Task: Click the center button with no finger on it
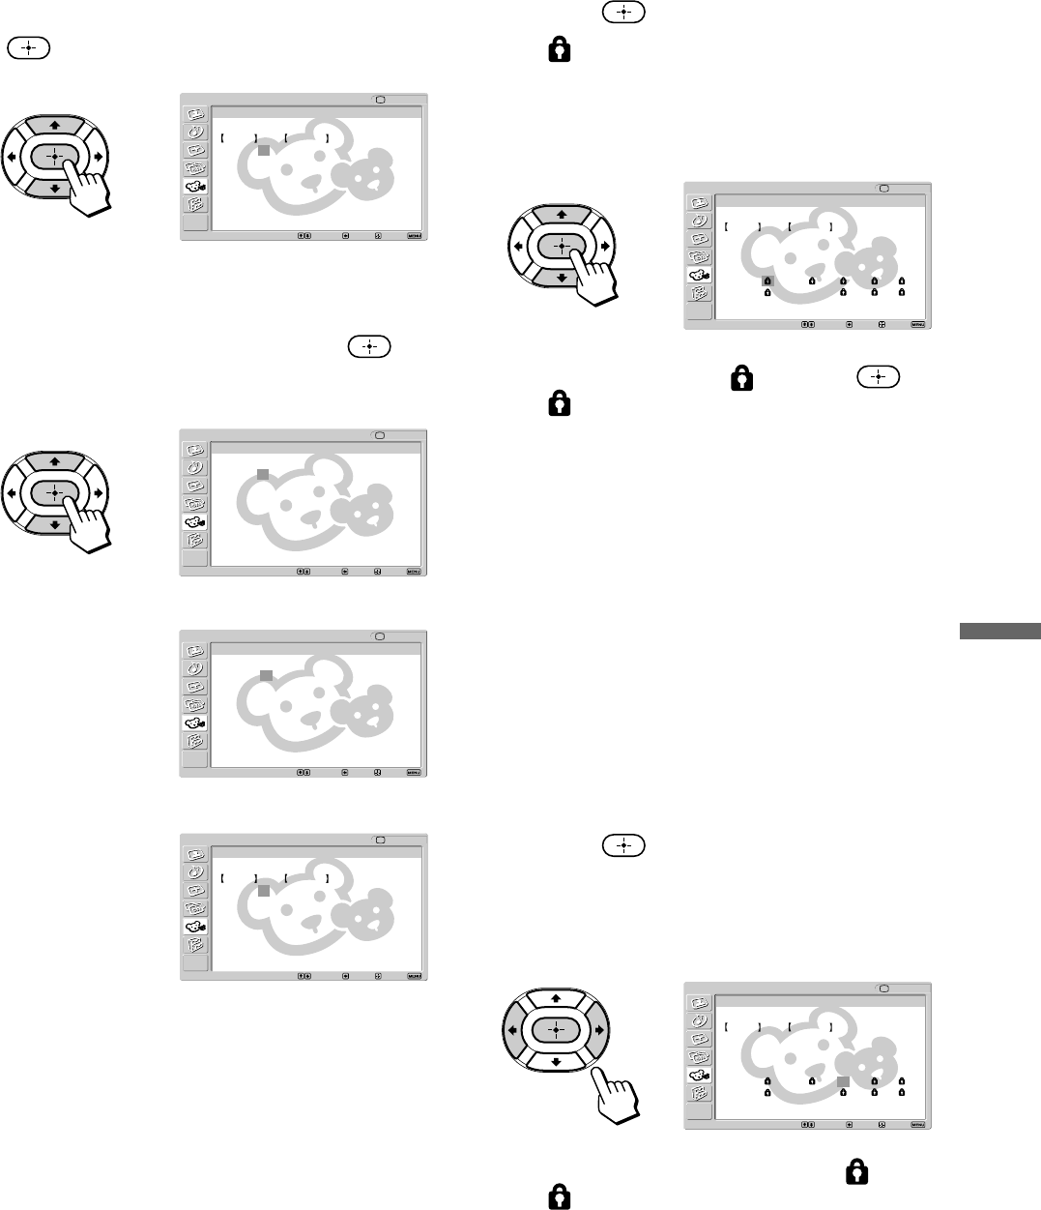(556, 1030)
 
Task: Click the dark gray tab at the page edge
(999, 632)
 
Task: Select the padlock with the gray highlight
(767, 281)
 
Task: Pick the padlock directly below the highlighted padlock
(767, 292)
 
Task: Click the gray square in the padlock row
(843, 1081)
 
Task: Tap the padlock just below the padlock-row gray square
(843, 1092)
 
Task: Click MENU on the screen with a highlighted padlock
(918, 324)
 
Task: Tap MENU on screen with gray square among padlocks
(918, 1125)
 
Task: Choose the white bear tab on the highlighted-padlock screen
(699, 275)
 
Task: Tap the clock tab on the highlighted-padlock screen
(698, 221)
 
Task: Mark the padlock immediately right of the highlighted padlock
(812, 281)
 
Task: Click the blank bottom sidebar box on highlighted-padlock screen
(698, 311)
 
